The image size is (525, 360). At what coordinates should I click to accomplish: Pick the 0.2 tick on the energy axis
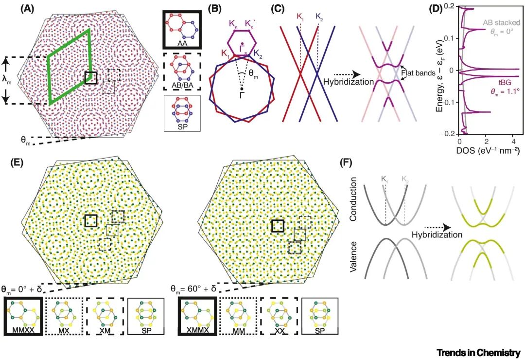click(450, 6)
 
